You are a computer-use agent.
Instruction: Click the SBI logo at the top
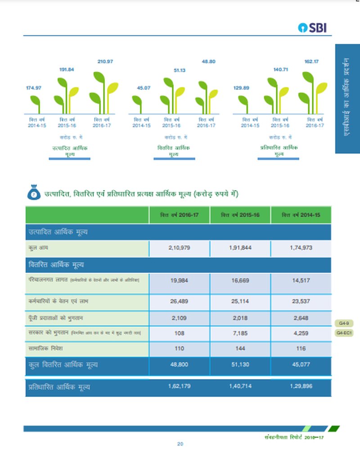point(312,28)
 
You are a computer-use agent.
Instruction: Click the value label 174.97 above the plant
point(33,88)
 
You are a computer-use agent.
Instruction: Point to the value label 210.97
point(105,61)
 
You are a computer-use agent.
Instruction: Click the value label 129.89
point(241,88)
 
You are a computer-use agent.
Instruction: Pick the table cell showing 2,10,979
point(179,248)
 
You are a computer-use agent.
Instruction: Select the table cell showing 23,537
point(301,302)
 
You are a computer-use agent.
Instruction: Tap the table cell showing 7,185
point(240,333)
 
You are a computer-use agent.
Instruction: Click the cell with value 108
point(179,333)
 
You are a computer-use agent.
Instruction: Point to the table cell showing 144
point(240,348)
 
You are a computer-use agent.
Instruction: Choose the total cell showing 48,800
point(179,365)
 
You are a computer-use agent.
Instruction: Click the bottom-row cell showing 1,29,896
point(301,386)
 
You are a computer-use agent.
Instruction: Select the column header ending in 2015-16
point(240,215)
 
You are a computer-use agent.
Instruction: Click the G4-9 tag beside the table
point(344,323)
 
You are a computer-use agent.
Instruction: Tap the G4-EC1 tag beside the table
point(344,333)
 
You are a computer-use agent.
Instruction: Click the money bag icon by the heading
point(34,194)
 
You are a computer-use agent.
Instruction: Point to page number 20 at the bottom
point(180,444)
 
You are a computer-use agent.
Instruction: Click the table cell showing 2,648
point(301,318)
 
